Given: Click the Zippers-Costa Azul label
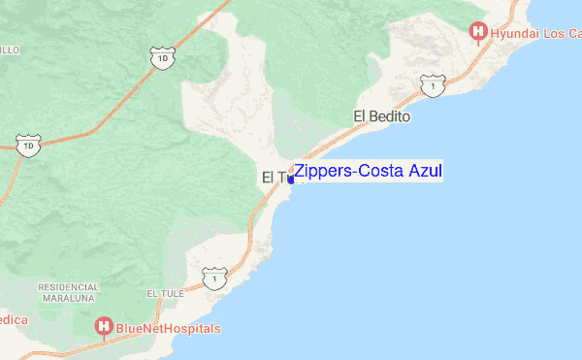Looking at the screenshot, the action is point(368,172).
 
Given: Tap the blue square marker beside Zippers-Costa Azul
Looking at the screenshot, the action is point(291,180).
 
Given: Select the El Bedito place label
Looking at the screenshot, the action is point(382,117).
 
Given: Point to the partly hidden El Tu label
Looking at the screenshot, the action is point(275,178).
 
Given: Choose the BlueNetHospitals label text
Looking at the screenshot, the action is point(168,329).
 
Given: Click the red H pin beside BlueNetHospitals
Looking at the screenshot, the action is point(103,328).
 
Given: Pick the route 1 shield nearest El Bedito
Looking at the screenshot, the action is point(430,87).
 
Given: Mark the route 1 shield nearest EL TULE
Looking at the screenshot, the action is point(212,278).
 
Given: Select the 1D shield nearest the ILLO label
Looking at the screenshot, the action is point(29,147).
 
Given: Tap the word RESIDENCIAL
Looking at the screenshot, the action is point(69,287).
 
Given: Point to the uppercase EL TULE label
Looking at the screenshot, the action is point(164,293).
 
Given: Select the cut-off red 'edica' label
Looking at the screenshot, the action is point(14,319).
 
